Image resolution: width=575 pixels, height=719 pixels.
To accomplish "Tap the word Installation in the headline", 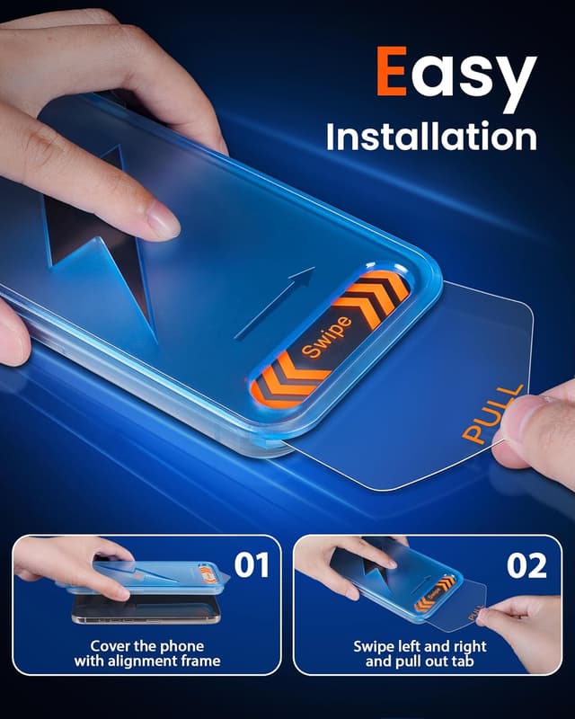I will coord(431,137).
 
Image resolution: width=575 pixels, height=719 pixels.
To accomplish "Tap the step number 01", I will coord(252,565).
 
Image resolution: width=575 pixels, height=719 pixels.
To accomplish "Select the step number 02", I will coord(526,566).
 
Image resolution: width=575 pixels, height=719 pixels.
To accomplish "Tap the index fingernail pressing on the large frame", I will coord(163,219).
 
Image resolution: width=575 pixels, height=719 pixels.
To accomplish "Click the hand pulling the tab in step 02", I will coord(526,620).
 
